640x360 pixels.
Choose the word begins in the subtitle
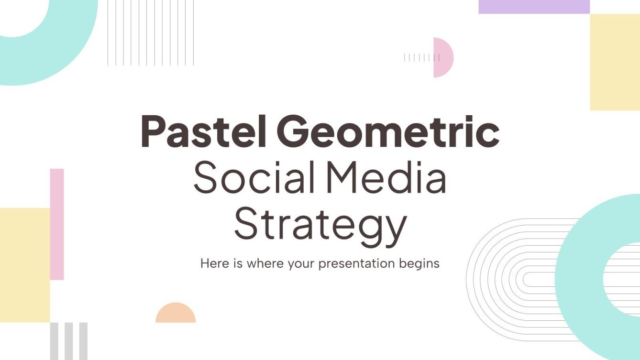tap(419, 263)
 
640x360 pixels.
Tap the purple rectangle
tap(534, 7)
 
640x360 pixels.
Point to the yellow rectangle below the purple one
tap(615, 62)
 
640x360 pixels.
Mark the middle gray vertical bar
tap(69, 341)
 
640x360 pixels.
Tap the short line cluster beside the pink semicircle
tap(421, 58)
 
